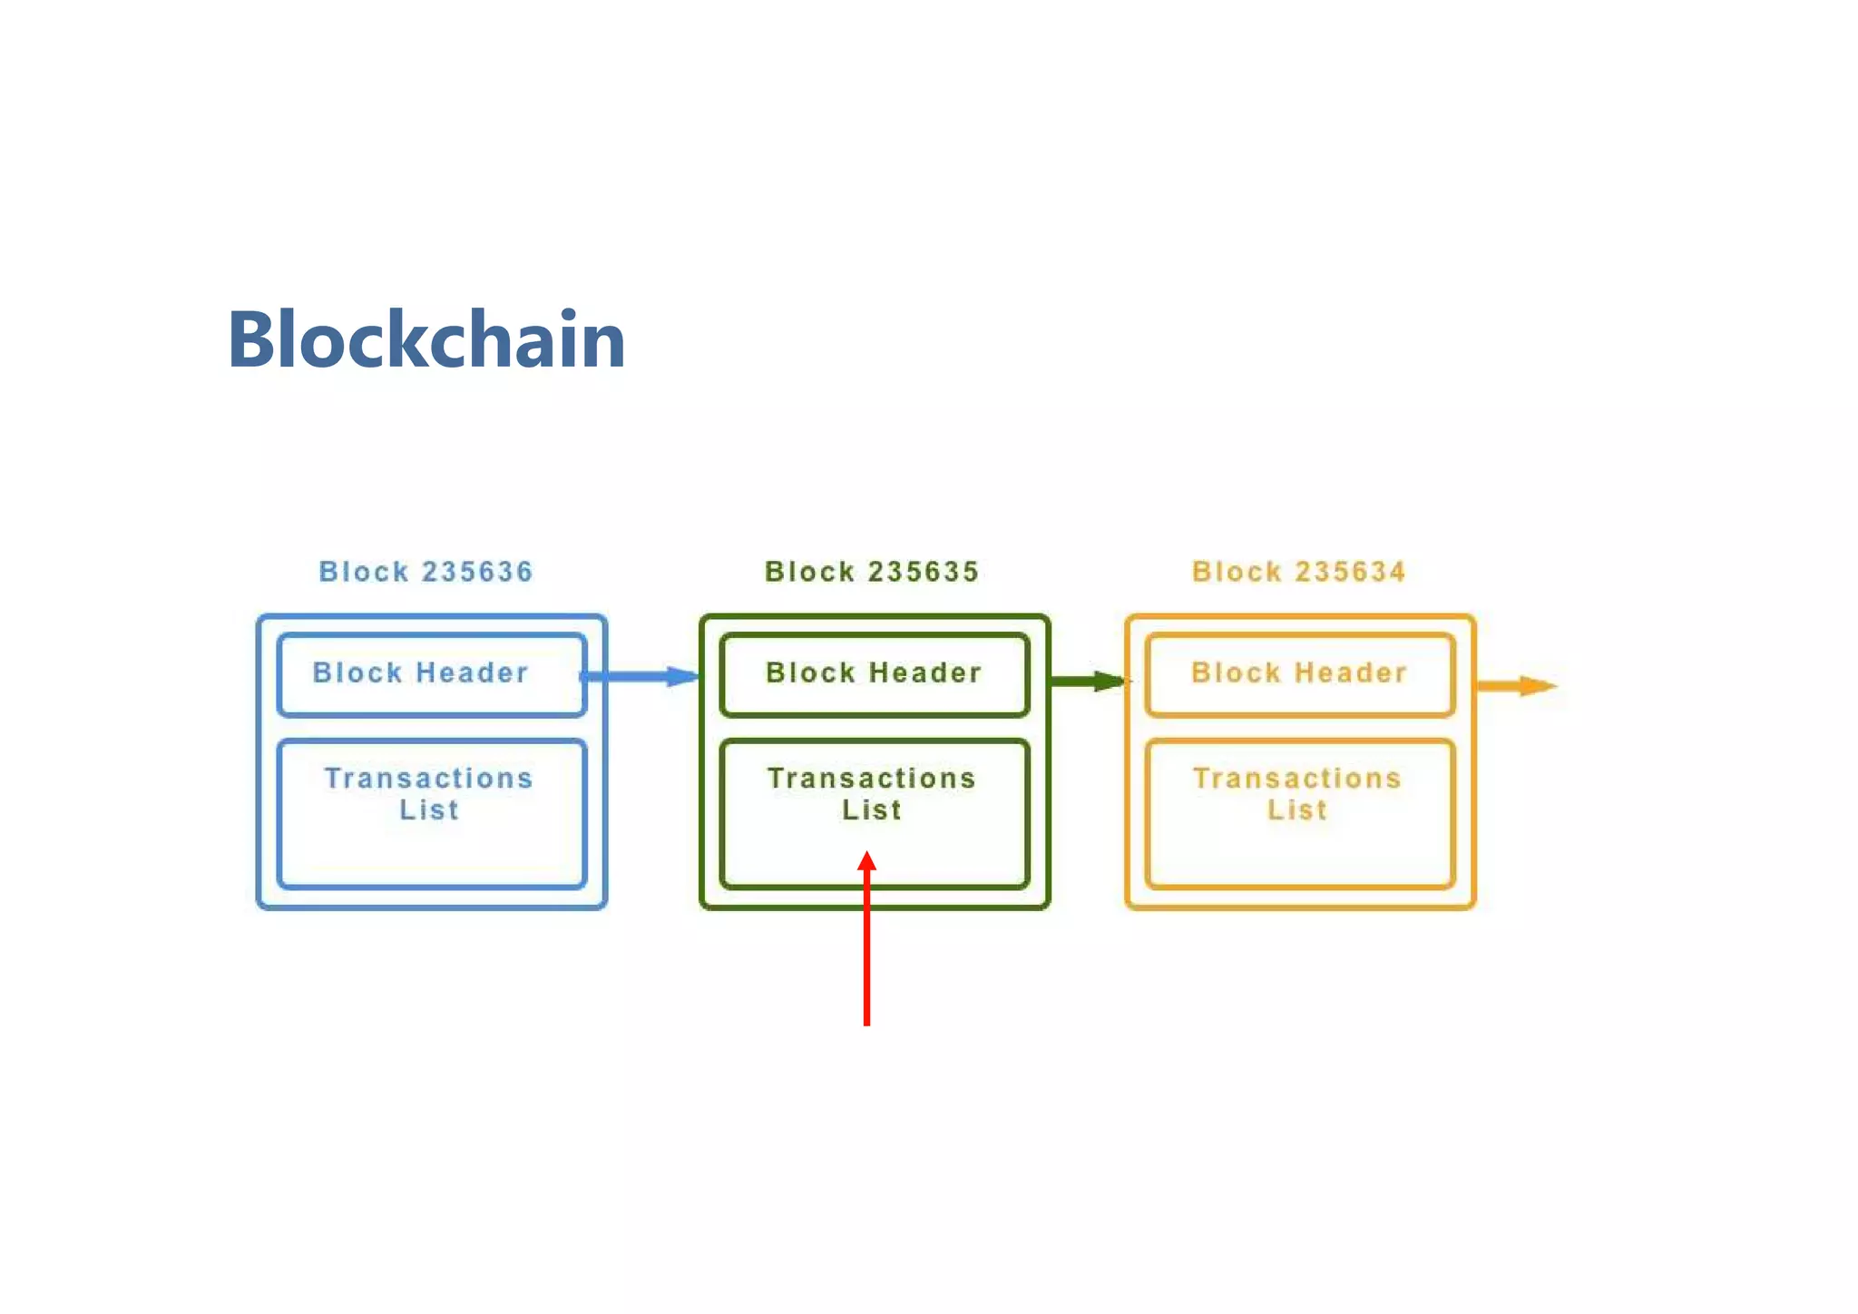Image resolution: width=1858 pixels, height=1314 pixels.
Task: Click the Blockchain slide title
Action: [x=426, y=339]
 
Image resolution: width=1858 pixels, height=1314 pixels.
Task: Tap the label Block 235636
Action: [x=425, y=572]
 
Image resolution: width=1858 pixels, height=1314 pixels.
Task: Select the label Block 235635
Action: [x=872, y=572]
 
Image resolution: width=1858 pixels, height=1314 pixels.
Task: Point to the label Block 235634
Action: [x=1299, y=572]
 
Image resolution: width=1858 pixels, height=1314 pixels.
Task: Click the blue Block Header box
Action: [x=432, y=674]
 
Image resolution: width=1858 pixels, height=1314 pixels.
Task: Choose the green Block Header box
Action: [x=875, y=674]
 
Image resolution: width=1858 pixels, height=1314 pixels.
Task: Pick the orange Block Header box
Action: [x=1300, y=674]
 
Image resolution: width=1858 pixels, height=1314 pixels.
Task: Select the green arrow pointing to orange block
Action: [x=1087, y=681]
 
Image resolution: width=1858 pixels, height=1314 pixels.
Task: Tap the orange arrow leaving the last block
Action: [x=1517, y=685]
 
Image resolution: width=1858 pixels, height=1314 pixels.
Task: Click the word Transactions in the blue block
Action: [x=428, y=779]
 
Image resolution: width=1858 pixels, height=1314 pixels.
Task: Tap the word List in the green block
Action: [x=872, y=809]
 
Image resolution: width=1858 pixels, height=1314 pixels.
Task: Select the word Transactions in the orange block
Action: [x=1297, y=779]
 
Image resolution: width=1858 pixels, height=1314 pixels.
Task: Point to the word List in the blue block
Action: [x=429, y=809]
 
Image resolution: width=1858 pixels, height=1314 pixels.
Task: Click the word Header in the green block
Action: [x=925, y=672]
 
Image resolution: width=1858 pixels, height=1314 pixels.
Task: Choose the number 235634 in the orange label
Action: [x=1350, y=572]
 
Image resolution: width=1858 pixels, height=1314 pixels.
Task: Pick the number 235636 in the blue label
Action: [x=477, y=572]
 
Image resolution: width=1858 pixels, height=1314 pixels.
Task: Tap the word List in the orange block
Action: [x=1297, y=809]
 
